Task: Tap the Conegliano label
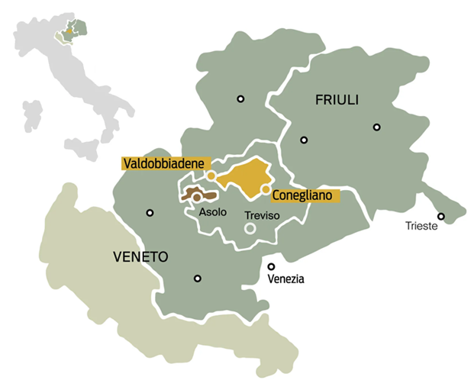[305, 195]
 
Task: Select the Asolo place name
[213, 213]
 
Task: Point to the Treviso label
[262, 216]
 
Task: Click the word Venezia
[286, 279]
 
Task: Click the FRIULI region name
[337, 101]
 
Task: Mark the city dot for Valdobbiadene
[211, 176]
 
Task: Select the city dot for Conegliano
[265, 189]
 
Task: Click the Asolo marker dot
[196, 197]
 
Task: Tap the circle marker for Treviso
[250, 228]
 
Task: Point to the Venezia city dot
[271, 266]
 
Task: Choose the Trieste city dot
[441, 216]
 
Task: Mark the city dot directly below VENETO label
[198, 279]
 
